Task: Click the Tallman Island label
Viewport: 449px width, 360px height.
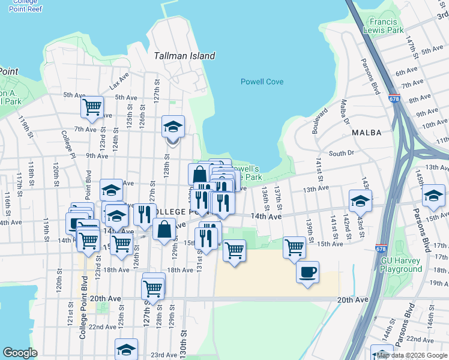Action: [184, 56]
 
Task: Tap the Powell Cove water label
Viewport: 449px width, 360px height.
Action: [262, 82]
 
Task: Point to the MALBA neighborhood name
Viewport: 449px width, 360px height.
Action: [367, 132]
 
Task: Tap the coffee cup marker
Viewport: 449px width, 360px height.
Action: [307, 272]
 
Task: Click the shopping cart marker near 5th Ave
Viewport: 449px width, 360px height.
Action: [92, 107]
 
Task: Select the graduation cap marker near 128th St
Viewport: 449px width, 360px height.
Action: [173, 127]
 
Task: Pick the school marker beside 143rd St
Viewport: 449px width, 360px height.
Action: [360, 201]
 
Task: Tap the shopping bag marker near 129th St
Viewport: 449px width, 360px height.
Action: [164, 229]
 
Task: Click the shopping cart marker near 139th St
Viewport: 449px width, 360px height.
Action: [294, 247]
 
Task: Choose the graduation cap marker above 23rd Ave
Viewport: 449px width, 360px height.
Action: [127, 349]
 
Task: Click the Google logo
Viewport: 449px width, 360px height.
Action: [20, 353]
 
